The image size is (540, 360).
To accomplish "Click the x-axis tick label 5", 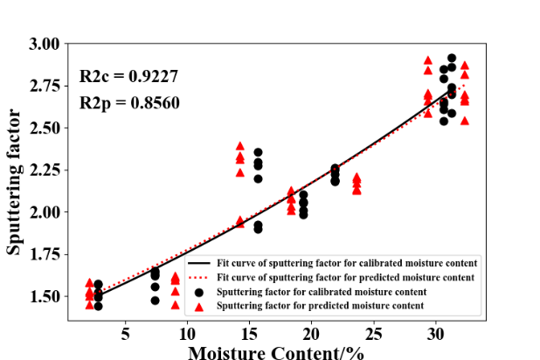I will tap(126, 334).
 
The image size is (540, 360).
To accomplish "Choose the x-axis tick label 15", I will tap(250, 334).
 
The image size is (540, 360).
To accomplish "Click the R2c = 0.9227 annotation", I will tap(129, 76).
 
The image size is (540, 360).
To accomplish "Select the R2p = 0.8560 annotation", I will tap(129, 103).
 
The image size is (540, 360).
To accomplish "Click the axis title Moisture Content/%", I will tap(275, 351).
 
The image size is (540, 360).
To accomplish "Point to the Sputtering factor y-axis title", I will tap(15, 182).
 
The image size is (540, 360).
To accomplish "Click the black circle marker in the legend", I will tap(199, 292).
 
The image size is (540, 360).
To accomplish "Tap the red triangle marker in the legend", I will tap(199, 306).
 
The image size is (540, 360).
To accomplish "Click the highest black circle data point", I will tap(452, 59).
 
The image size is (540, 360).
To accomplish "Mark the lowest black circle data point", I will tap(98, 306).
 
